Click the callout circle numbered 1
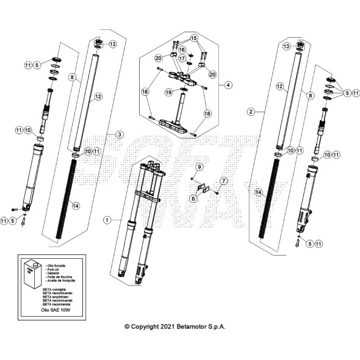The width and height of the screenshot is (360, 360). click(107, 218)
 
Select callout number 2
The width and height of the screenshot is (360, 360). click(250, 112)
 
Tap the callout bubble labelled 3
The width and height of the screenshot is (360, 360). click(120, 134)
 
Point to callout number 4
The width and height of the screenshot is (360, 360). click(228, 85)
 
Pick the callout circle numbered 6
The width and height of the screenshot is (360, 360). click(193, 198)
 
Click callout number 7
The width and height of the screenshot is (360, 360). click(223, 181)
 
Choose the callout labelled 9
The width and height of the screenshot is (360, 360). click(198, 166)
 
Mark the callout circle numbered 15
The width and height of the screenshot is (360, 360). click(195, 38)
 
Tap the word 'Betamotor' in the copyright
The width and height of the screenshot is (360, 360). click(200, 326)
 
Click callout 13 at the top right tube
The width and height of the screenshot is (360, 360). click(286, 46)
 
